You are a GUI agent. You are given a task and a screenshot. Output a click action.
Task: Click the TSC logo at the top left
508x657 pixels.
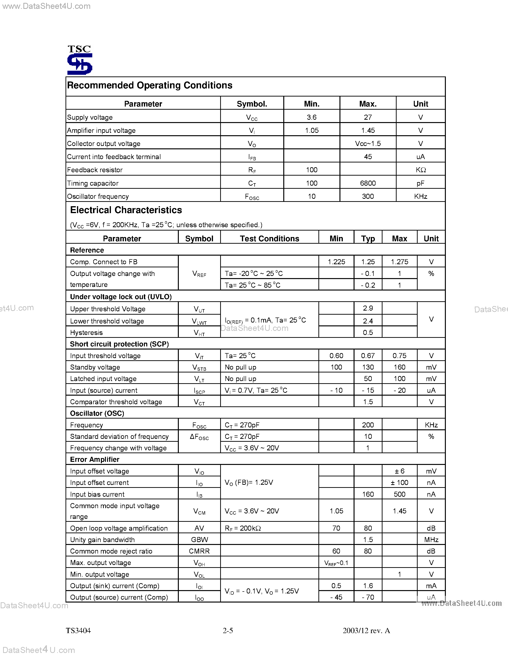[x=79, y=60]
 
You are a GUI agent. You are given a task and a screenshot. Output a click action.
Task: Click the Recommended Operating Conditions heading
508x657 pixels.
[x=150, y=86]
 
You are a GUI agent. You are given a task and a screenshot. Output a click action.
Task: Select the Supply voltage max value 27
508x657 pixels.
[x=368, y=117]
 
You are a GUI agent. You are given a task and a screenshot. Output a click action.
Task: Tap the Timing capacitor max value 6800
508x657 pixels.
[x=368, y=183]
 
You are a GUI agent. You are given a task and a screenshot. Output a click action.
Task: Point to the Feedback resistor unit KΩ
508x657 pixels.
[x=421, y=170]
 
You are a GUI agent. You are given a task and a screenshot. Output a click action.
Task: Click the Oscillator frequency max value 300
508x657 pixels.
[x=368, y=196]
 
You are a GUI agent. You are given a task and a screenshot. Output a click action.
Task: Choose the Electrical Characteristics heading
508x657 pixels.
[x=126, y=210]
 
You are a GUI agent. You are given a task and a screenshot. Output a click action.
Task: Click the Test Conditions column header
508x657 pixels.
[x=269, y=239]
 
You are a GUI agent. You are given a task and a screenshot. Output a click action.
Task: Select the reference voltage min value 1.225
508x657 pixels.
[x=336, y=262]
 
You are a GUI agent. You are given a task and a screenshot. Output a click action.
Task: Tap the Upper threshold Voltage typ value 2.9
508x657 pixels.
[x=368, y=308]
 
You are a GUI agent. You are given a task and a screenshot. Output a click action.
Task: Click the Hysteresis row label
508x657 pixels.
[x=86, y=332]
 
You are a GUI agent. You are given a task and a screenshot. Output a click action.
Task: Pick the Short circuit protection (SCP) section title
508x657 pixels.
[x=119, y=344]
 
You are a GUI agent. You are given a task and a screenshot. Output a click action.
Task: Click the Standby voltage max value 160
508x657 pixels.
[x=399, y=367]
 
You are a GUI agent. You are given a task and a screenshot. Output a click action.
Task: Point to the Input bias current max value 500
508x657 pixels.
[x=399, y=494]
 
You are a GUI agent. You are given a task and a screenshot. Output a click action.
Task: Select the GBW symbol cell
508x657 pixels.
[x=199, y=540]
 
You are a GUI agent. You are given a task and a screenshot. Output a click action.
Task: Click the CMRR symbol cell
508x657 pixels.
[x=199, y=551]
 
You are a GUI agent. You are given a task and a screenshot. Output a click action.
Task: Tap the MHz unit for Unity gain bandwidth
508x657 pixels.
[x=431, y=540]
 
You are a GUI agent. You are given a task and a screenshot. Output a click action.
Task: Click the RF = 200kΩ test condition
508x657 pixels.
[x=243, y=528]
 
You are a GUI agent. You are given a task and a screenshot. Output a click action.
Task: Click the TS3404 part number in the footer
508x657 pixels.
[x=78, y=630]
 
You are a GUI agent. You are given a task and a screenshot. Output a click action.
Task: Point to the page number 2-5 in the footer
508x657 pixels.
[x=228, y=630]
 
